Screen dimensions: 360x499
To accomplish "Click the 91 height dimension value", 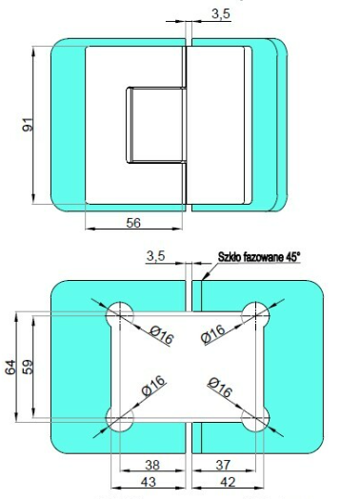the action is (x=28, y=125).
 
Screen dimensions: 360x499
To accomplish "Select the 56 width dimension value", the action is (x=133, y=223).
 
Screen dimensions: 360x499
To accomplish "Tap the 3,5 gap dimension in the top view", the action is (x=221, y=13).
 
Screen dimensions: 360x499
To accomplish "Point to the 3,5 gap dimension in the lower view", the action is (x=155, y=256).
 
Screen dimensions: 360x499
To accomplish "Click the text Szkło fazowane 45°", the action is (x=259, y=257).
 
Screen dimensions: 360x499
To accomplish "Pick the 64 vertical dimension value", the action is (x=10, y=368).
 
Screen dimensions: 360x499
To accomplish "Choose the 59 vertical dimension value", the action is (x=28, y=368).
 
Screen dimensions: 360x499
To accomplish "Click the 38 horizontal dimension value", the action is (x=152, y=465).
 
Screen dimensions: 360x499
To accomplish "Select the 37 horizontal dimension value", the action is (x=223, y=465).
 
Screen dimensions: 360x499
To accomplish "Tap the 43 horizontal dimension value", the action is (x=149, y=482).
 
